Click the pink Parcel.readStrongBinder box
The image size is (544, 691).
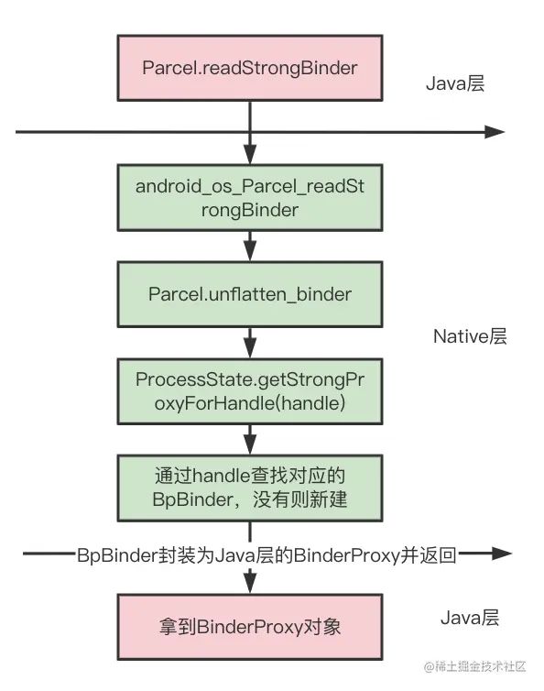click(x=249, y=69)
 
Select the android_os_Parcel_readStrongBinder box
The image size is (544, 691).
click(x=249, y=197)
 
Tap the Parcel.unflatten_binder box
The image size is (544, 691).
click(x=249, y=294)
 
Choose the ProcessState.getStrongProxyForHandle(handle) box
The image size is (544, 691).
click(x=249, y=391)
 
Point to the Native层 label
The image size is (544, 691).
click(x=469, y=336)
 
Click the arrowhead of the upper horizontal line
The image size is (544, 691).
click(x=495, y=133)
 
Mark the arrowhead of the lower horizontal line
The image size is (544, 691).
click(x=500, y=554)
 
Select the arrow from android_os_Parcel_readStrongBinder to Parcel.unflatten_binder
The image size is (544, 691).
click(x=249, y=246)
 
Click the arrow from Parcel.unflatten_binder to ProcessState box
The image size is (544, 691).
click(x=249, y=343)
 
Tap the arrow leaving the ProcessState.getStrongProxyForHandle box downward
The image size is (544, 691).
click(x=249, y=440)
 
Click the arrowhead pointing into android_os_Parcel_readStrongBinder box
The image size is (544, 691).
click(x=249, y=156)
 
